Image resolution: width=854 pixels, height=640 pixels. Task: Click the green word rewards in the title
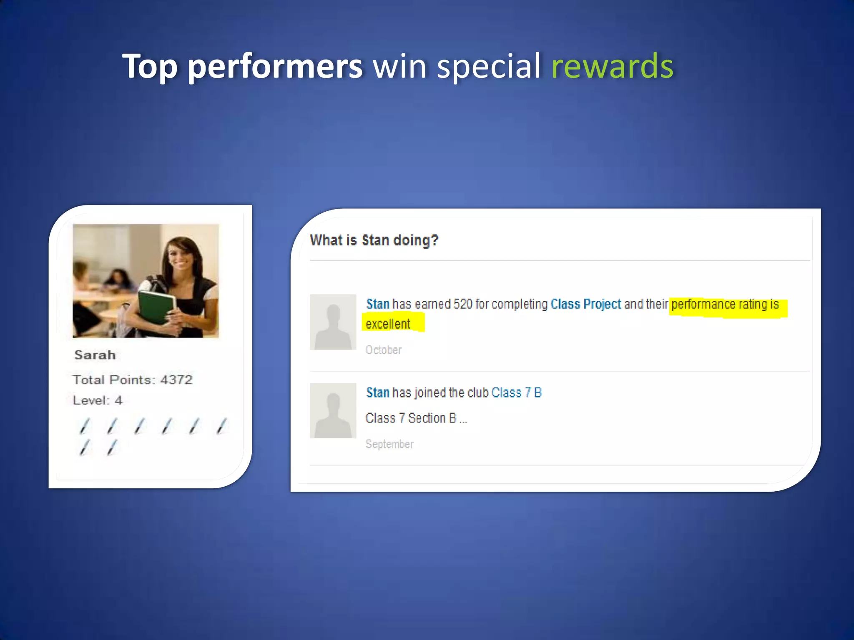click(612, 67)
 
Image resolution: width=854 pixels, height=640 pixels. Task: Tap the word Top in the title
click(150, 67)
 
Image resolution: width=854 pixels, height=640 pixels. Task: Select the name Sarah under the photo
click(95, 355)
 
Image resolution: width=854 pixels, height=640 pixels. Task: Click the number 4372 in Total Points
click(176, 380)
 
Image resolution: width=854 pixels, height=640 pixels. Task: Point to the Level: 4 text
click(98, 400)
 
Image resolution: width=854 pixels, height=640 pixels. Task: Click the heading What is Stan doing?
click(374, 240)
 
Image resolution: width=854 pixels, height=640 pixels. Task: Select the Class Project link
click(585, 304)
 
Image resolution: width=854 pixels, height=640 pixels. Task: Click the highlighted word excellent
click(388, 324)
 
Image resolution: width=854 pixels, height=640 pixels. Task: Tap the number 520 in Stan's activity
click(463, 304)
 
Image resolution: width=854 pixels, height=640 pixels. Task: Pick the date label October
click(383, 350)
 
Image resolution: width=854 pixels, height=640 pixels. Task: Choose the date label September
click(389, 444)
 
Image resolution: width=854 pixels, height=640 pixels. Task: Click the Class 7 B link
click(516, 392)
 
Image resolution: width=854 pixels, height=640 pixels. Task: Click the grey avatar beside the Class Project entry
click(333, 322)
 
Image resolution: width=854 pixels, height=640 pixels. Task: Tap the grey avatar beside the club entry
click(333, 410)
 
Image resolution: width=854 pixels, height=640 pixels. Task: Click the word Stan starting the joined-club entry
click(377, 392)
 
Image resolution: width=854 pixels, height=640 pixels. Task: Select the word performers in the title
click(275, 67)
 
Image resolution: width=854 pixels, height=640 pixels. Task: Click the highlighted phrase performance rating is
click(725, 304)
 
